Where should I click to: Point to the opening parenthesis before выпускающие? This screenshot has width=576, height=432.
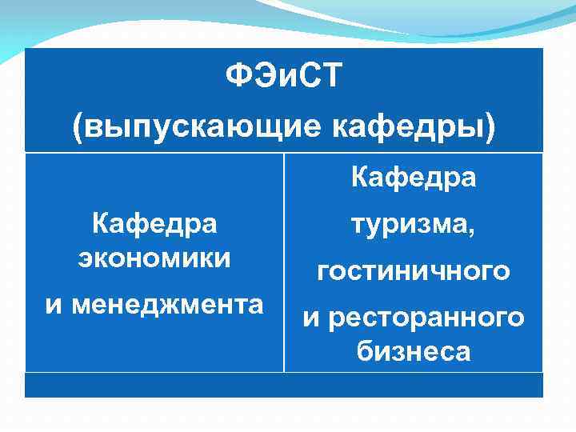click(78, 128)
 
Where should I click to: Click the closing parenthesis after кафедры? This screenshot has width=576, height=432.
click(489, 128)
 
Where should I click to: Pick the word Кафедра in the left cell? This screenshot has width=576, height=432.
click(154, 223)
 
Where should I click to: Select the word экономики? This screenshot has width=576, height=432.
click(154, 258)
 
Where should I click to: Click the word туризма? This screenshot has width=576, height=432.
click(409, 227)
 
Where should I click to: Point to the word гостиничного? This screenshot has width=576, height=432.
click(414, 272)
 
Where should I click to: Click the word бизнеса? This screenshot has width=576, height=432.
click(414, 351)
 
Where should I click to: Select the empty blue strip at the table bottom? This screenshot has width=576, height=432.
click(284, 385)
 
